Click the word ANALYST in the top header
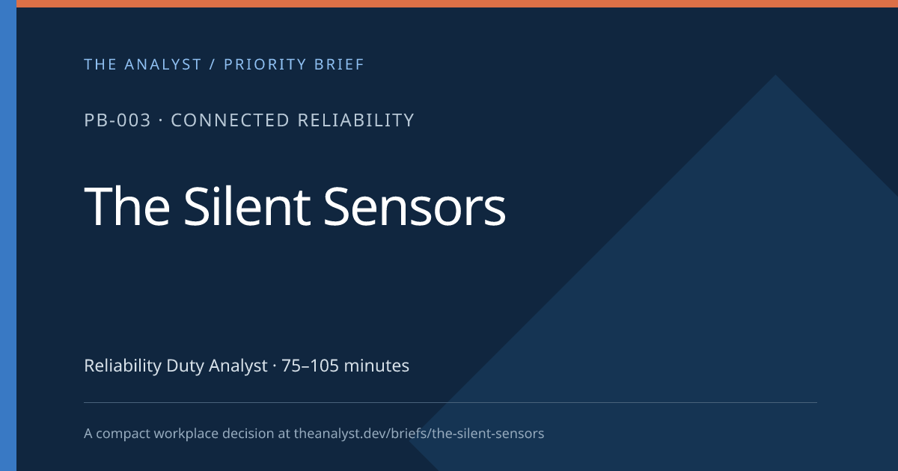point(163,64)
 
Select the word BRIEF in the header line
point(339,64)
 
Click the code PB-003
point(117,120)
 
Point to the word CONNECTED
point(230,120)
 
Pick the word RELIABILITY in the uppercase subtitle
point(356,120)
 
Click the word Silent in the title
point(247,206)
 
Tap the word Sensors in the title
point(415,206)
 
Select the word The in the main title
point(127,206)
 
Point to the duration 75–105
point(310,366)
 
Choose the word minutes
point(376,366)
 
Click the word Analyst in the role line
point(238,366)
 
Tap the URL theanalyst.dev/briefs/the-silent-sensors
point(419,434)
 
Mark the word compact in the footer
point(123,434)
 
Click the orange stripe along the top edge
point(457,4)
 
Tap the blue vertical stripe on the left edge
point(8,235)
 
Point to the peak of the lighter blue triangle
point(775,75)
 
